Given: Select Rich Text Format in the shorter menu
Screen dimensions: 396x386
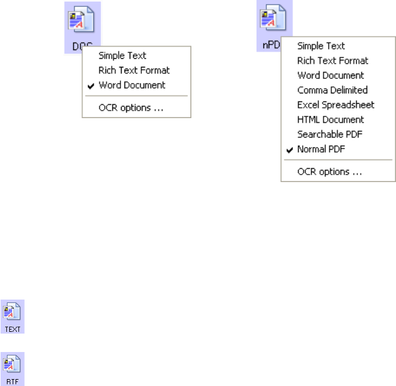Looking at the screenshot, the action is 134,70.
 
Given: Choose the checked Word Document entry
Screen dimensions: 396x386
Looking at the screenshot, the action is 132,85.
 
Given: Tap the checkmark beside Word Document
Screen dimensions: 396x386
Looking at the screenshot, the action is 91,85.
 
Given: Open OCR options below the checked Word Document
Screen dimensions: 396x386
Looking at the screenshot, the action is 131,107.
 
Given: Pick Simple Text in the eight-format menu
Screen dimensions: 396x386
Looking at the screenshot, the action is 321,46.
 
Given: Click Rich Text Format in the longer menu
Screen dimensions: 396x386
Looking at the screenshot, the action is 333,60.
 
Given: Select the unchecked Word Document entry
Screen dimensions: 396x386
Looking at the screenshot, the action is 330,75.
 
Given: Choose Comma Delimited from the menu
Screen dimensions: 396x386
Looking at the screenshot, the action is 332,90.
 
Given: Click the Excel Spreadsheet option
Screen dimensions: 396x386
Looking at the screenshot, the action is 335,105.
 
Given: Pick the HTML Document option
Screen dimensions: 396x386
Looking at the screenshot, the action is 330,120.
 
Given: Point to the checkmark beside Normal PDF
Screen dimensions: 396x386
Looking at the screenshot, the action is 289,149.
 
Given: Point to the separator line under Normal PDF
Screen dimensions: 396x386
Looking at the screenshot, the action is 338,160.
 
